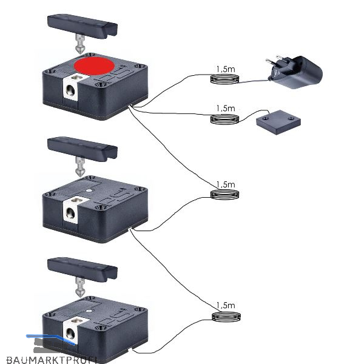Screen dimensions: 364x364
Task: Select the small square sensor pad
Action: click(x=278, y=123)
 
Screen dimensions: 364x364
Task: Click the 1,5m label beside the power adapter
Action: click(x=225, y=70)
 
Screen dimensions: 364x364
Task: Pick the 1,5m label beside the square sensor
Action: click(x=225, y=109)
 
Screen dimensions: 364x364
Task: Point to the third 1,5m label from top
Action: click(x=225, y=184)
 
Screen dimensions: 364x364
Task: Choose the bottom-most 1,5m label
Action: click(x=225, y=305)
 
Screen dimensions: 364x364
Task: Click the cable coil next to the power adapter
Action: click(x=225, y=80)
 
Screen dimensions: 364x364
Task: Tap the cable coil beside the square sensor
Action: click(x=225, y=119)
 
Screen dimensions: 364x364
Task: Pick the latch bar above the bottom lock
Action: click(x=82, y=268)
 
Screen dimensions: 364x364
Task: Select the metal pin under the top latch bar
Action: click(x=79, y=46)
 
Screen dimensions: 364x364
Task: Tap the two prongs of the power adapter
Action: click(x=271, y=66)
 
